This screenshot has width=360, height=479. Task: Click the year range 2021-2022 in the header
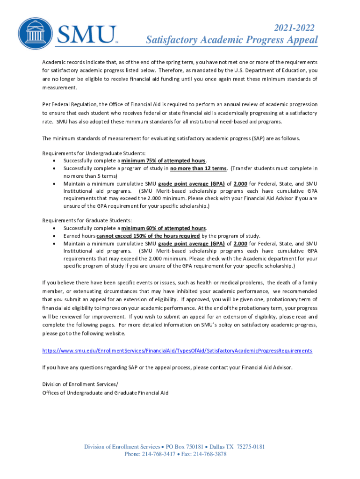[294, 28]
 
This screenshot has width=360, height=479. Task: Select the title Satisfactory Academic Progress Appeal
[231, 40]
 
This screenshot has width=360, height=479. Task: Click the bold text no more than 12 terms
[199, 168]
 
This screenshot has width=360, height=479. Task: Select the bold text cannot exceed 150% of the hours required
[148, 236]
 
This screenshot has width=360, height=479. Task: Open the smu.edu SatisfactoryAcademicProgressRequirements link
[177, 350]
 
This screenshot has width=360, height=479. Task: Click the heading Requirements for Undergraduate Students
[94, 153]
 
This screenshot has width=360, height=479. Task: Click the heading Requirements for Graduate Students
[87, 220]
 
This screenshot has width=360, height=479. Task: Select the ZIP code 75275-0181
[251, 447]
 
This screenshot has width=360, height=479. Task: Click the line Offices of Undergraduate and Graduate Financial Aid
[105, 392]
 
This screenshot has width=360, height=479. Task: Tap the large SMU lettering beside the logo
[87, 34]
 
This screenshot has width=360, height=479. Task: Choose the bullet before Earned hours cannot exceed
[56, 236]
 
